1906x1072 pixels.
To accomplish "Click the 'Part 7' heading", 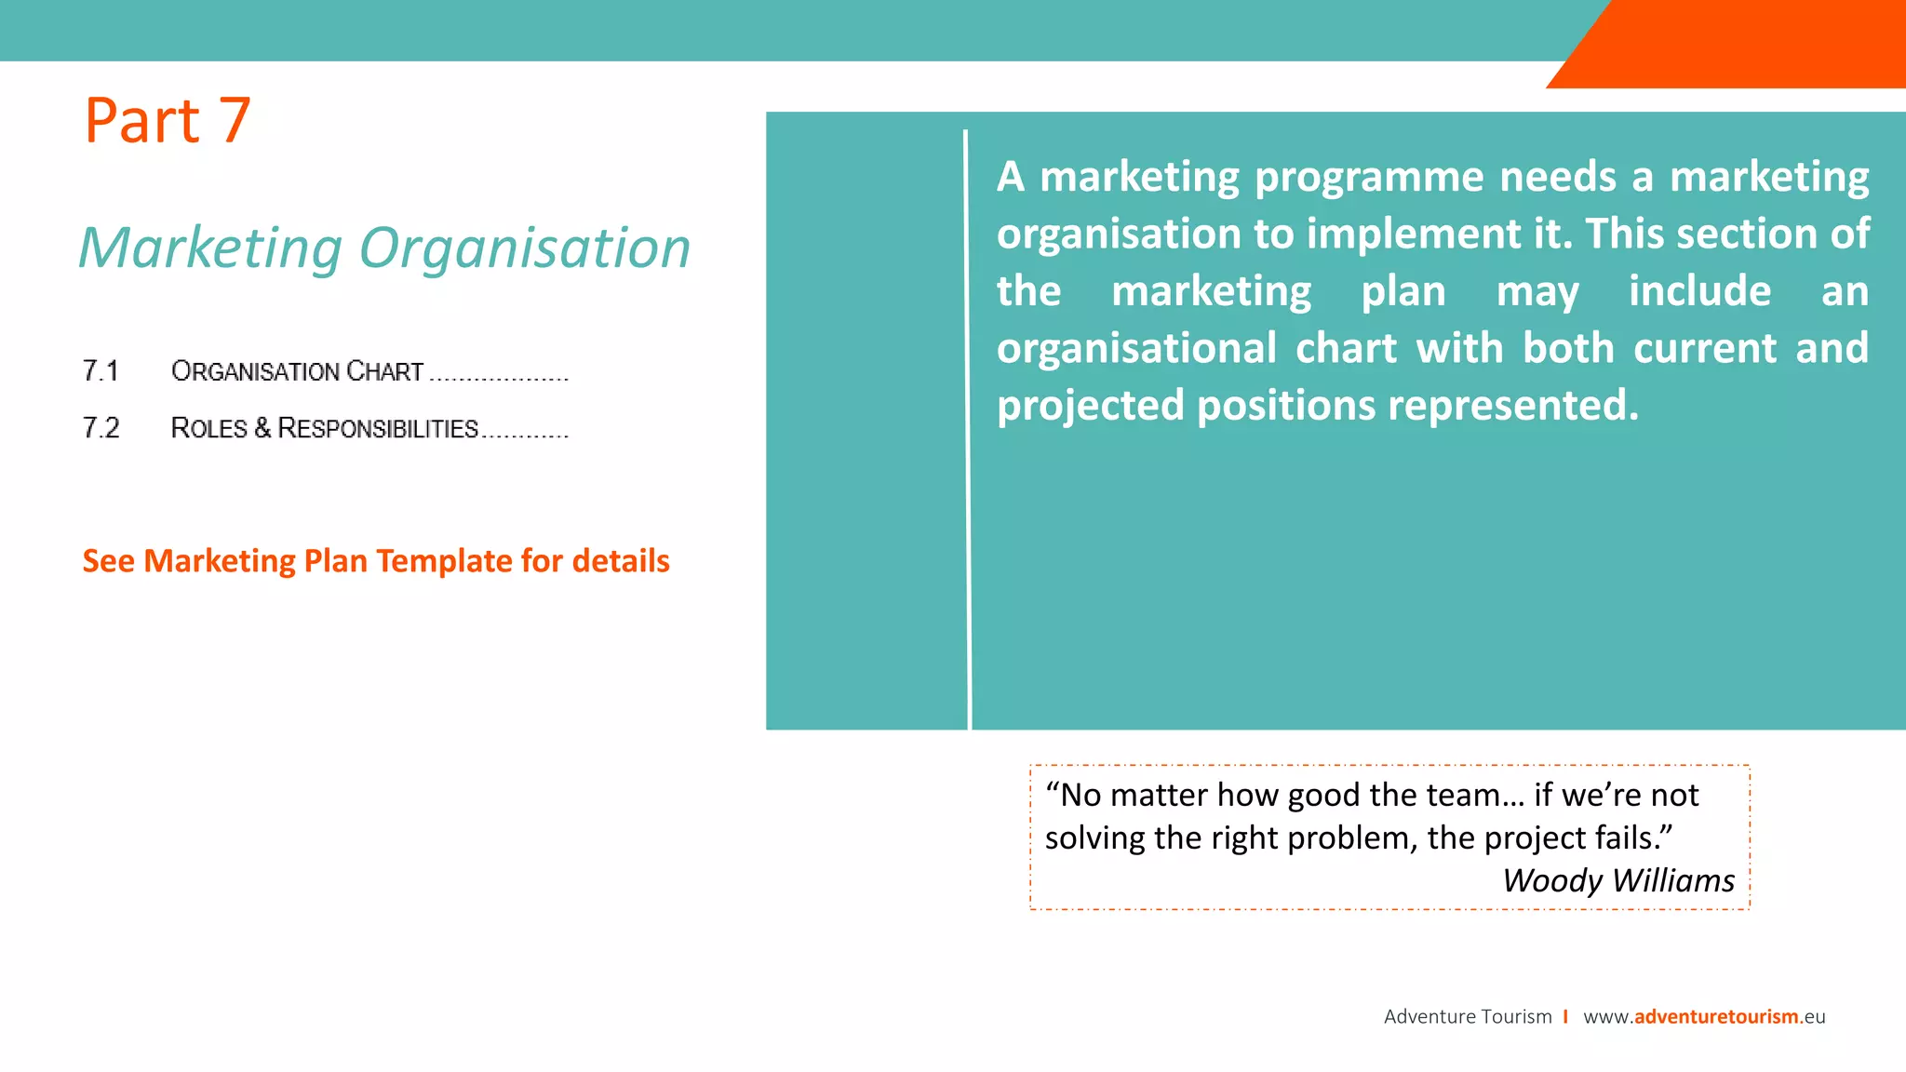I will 168,121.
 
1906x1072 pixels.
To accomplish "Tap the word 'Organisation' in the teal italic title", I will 525,248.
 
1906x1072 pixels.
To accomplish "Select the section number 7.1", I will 101,371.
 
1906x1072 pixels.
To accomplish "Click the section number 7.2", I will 101,428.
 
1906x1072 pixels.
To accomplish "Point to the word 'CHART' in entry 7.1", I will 384,371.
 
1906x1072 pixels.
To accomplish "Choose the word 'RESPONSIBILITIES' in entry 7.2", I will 378,428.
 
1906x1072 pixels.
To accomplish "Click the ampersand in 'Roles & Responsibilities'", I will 262,428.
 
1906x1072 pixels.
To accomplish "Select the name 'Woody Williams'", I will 1618,880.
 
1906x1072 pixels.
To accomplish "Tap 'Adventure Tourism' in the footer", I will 1468,1016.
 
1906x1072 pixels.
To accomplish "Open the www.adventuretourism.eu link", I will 1704,1016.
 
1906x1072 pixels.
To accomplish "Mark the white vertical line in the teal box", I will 967,428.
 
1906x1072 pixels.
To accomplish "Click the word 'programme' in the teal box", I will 1369,177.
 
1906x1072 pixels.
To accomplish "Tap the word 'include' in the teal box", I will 1699,291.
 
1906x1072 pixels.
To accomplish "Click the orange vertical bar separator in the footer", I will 1566,1016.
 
